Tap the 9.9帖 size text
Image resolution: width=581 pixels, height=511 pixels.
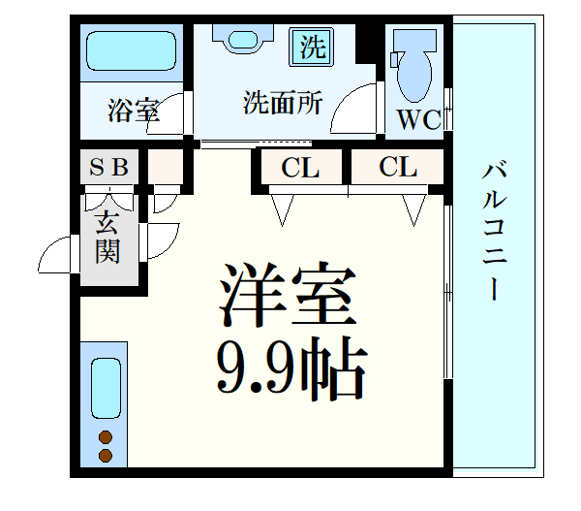(x=290, y=368)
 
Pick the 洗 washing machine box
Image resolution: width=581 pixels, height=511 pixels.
(x=311, y=47)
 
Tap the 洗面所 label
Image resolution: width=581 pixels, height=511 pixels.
(x=282, y=102)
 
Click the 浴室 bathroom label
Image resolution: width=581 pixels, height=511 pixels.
(x=133, y=110)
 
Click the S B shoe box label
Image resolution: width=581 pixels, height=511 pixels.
(x=109, y=167)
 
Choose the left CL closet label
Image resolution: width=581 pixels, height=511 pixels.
(x=301, y=168)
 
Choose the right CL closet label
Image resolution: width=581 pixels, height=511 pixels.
(x=397, y=168)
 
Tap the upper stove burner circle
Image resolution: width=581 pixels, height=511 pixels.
(x=105, y=435)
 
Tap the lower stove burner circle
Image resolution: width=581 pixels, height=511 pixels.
(x=105, y=454)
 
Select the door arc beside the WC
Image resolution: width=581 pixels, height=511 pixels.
(x=354, y=110)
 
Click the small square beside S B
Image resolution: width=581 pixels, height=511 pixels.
(x=164, y=167)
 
